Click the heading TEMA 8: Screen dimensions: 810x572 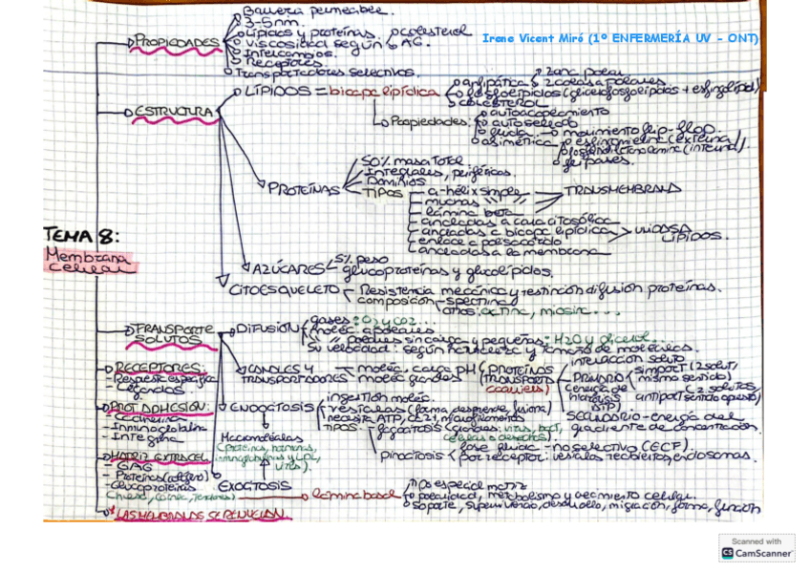click(81, 235)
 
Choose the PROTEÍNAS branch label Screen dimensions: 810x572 click(304, 189)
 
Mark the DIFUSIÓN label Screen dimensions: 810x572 click(266, 328)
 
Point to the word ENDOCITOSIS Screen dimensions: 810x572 click(271, 408)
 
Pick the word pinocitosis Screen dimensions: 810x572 click(411, 455)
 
